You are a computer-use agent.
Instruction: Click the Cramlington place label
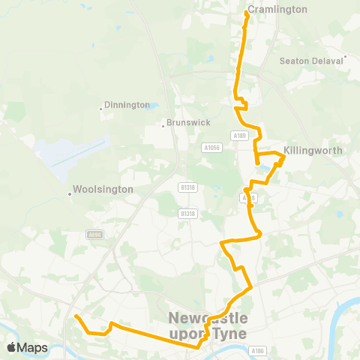pos(277,10)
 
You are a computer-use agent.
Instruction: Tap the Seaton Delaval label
pos(311,61)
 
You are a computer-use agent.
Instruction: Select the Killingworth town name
pos(313,150)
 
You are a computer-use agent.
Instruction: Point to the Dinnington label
pos(127,105)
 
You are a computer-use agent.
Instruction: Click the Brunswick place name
pos(189,122)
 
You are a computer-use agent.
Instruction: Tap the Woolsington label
pos(103,190)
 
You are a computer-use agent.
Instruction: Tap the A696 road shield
pos(94,234)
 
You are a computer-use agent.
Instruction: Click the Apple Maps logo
pos(27,347)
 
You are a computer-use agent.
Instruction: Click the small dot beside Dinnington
pos(101,109)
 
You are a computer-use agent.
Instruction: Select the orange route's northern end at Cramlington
pos(247,12)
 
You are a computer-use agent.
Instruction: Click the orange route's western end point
pos(76,316)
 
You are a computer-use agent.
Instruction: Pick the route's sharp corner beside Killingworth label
pos(283,155)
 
